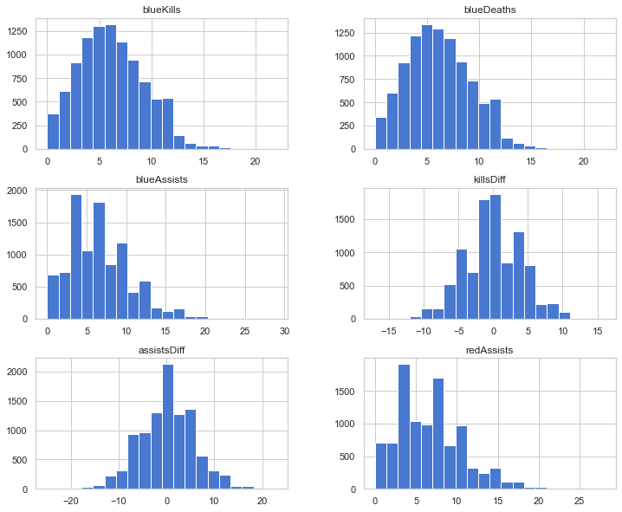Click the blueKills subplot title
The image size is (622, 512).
[161, 10]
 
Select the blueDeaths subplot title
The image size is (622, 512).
[490, 10]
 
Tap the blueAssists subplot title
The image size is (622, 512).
[161, 179]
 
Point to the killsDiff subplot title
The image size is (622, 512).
[489, 179]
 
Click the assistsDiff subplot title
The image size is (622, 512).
[161, 350]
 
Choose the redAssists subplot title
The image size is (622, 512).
[489, 350]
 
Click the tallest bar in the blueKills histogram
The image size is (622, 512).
[111, 87]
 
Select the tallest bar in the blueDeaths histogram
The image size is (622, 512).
[427, 87]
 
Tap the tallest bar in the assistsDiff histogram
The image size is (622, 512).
[168, 427]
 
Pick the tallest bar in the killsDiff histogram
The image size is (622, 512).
[496, 257]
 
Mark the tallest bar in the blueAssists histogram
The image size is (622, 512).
[76, 257]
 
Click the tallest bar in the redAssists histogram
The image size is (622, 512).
[404, 427]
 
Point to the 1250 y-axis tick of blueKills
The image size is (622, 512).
[17, 31]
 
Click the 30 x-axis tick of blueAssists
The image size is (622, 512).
[284, 331]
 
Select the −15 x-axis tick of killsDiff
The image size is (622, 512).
[389, 331]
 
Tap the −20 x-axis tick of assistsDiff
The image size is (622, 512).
[71, 501]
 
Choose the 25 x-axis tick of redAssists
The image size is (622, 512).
[580, 501]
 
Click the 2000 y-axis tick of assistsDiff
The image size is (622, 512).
[17, 372]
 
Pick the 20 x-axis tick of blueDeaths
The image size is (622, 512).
[584, 161]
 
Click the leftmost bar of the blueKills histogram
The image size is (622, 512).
[53, 132]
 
